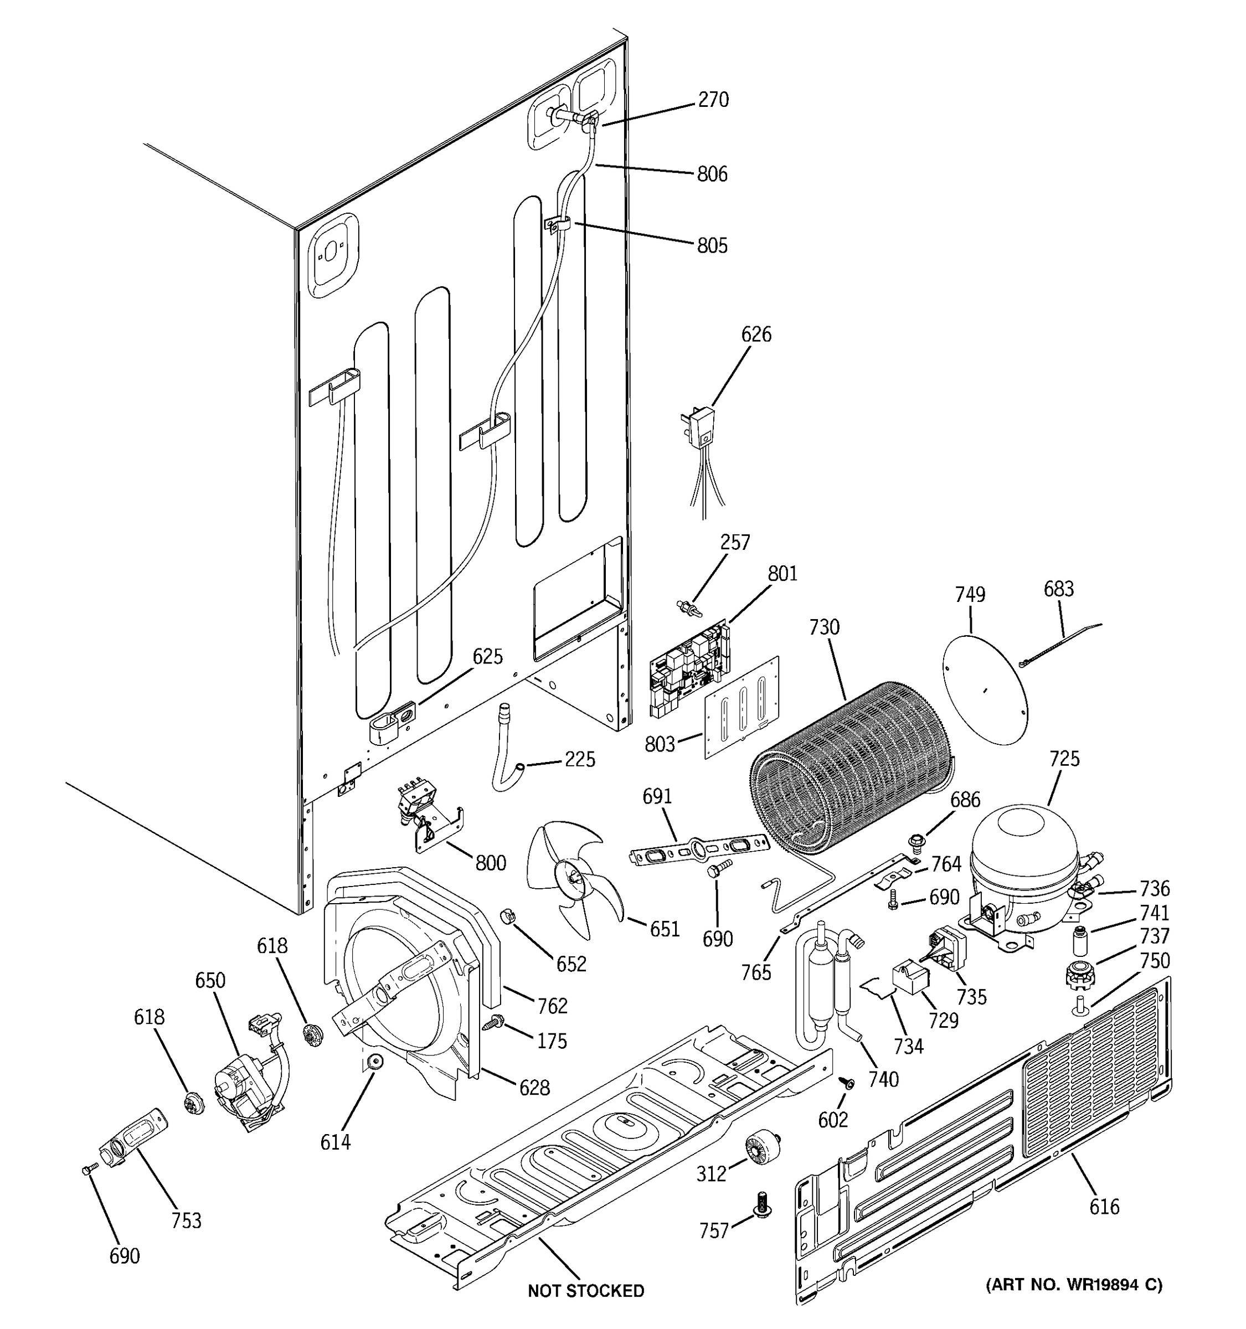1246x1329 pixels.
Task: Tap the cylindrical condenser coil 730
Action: pyautogui.click(x=849, y=769)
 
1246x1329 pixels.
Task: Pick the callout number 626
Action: pyautogui.click(x=756, y=334)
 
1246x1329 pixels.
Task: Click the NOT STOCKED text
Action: pyautogui.click(x=585, y=1291)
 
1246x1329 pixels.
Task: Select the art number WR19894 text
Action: pyautogui.click(x=1074, y=1284)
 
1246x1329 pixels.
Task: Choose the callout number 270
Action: pyautogui.click(x=713, y=100)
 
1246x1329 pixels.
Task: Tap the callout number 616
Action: pyautogui.click(x=1104, y=1206)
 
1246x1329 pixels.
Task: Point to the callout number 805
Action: pyautogui.click(x=712, y=245)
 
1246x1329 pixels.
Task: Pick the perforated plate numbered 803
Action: pyautogui.click(x=742, y=709)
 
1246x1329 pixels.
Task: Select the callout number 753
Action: pyautogui.click(x=186, y=1220)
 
